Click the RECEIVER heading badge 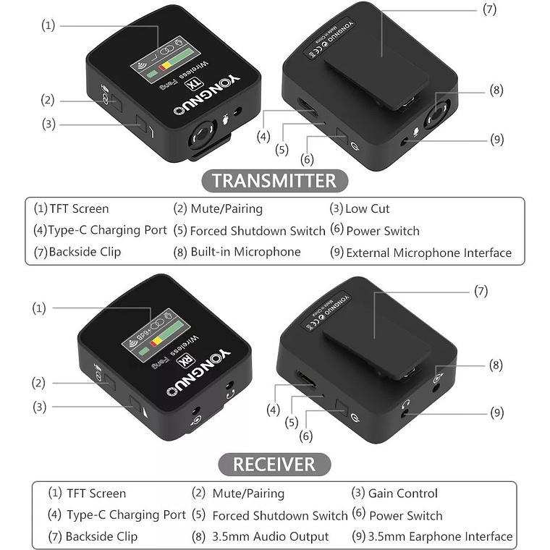(x=274, y=463)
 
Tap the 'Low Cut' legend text (x=368, y=209)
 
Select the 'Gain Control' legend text (x=402, y=494)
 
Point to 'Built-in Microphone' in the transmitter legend (x=245, y=252)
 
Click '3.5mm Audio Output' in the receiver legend (x=270, y=537)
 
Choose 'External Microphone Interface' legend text (x=428, y=253)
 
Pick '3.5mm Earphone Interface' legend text (x=440, y=537)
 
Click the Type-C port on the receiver (x=302, y=381)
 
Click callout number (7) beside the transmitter (x=490, y=9)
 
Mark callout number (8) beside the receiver (x=496, y=366)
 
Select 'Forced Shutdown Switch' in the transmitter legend (x=257, y=231)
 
